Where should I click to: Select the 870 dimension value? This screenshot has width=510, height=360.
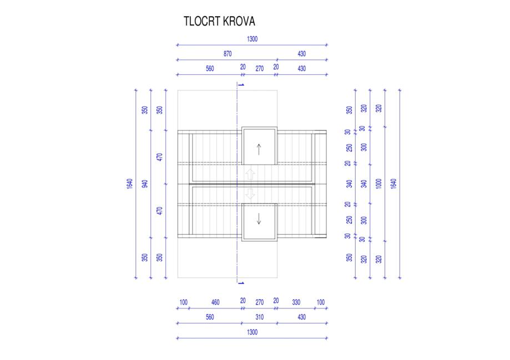click(x=227, y=54)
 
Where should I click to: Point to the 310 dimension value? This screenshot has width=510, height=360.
click(x=259, y=317)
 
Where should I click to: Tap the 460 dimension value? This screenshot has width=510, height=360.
click(x=215, y=302)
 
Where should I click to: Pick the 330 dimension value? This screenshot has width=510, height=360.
click(x=296, y=302)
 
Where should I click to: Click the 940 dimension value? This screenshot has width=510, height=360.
click(x=145, y=184)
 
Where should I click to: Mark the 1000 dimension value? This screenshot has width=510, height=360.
click(x=379, y=184)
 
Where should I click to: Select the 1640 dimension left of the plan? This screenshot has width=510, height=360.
click(x=130, y=184)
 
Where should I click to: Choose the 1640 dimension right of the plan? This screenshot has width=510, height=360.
click(x=394, y=184)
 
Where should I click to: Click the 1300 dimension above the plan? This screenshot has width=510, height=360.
click(x=252, y=39)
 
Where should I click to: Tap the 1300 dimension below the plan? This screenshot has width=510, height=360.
click(x=252, y=332)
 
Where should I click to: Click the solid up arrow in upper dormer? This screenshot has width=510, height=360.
click(x=259, y=149)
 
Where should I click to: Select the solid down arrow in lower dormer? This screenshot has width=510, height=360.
click(x=259, y=219)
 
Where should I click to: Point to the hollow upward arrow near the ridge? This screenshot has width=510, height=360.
click(x=250, y=173)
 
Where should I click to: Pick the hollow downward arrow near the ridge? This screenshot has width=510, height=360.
click(x=250, y=194)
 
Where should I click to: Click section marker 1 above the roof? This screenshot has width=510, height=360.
click(x=241, y=84)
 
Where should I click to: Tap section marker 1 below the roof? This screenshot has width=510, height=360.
click(x=241, y=283)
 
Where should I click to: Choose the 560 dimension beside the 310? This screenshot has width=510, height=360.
click(x=209, y=317)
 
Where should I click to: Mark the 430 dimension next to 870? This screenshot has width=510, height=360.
click(x=301, y=54)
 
